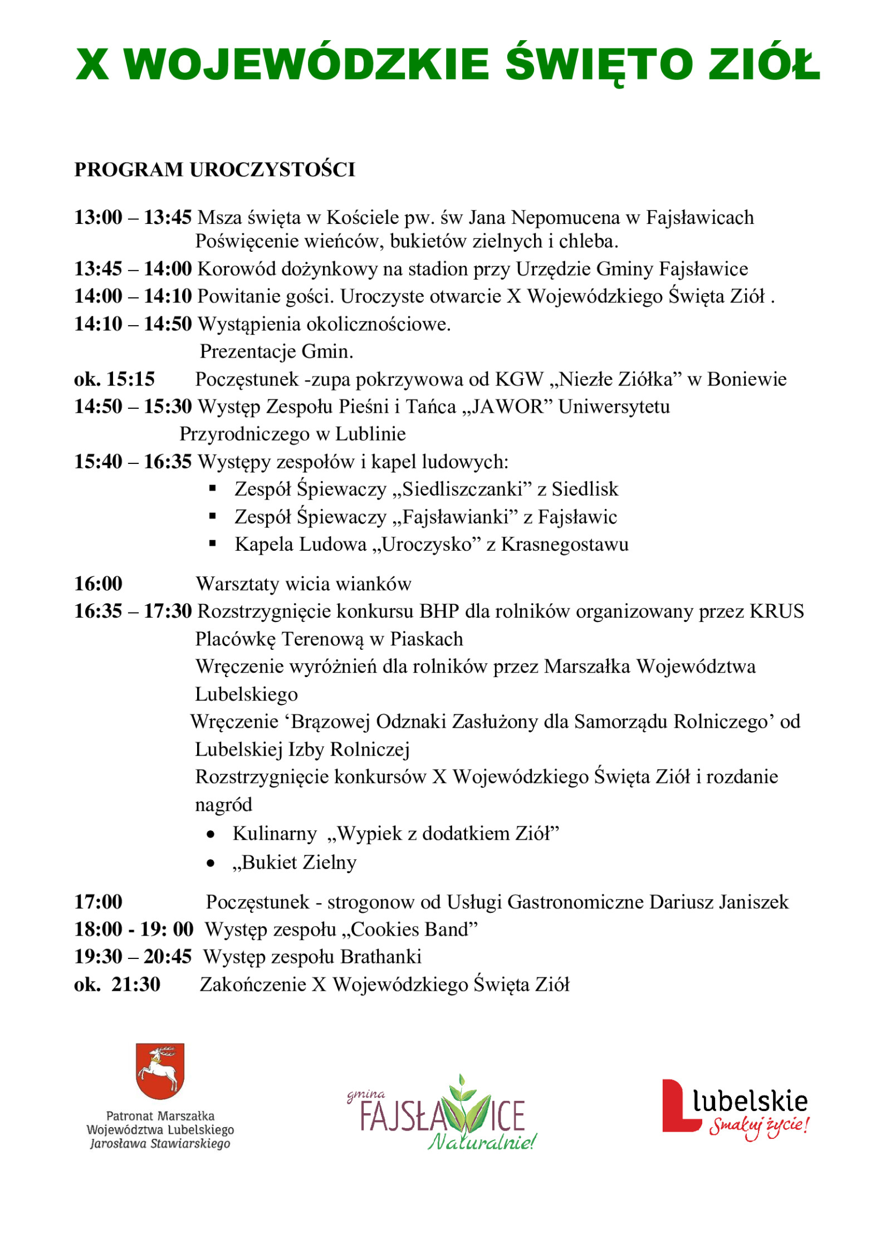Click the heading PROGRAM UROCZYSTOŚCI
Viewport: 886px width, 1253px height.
(214, 170)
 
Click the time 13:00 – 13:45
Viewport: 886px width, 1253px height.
(133, 217)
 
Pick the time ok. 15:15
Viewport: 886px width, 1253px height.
(114, 379)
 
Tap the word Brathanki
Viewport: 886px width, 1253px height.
(381, 957)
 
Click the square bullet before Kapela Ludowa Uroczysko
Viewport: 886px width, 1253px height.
(212, 544)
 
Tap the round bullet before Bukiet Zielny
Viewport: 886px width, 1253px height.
(211, 863)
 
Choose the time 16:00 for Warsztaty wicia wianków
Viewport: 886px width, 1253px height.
(99, 584)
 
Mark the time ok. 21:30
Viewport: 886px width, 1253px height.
(117, 985)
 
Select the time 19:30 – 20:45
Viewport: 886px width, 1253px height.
(133, 957)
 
